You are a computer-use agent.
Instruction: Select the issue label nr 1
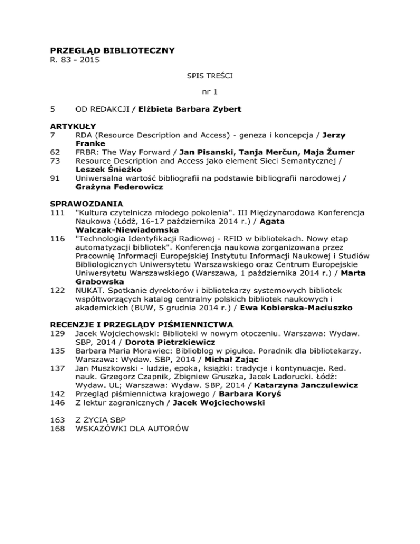(x=209, y=93)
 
